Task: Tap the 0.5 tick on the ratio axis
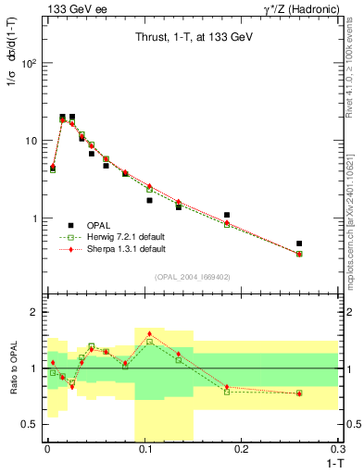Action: [32, 425]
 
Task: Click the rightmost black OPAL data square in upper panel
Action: [299, 243]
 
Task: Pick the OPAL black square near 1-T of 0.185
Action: [227, 215]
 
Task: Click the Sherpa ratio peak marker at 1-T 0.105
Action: [149, 333]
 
